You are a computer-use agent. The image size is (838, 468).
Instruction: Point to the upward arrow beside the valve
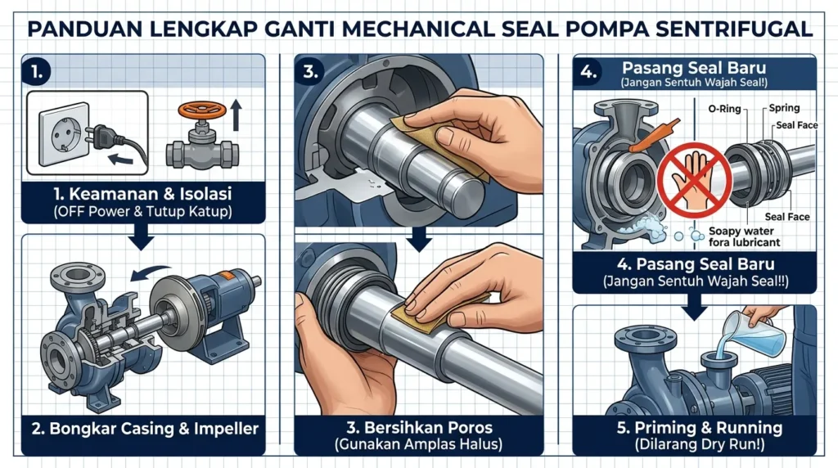click(x=237, y=115)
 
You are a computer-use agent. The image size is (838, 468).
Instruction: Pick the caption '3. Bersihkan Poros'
click(x=419, y=428)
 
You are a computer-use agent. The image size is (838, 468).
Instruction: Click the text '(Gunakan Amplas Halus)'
click(x=419, y=445)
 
